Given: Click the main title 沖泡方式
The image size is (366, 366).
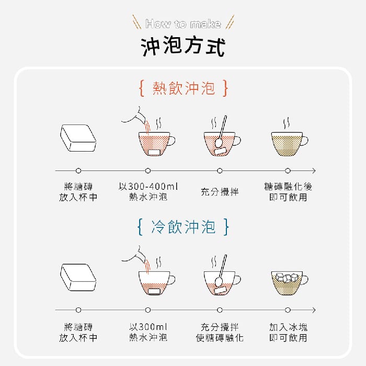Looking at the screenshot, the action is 183,46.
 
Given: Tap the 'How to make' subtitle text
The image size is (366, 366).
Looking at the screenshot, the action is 183,24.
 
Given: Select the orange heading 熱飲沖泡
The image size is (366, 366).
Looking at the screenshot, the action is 184,88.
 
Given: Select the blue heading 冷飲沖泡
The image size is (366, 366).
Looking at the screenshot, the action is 183,226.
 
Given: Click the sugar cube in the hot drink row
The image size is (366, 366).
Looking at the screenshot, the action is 78,138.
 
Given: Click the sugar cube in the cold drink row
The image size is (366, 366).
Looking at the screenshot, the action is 78,277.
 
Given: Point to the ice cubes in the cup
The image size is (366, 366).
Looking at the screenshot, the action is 287,277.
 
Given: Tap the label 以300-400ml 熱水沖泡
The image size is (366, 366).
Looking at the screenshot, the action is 148,192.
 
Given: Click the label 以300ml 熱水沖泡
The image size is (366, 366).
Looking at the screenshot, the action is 148,331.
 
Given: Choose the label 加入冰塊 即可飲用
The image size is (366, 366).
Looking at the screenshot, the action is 288,332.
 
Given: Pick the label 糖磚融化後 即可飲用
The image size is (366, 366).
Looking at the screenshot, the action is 288,192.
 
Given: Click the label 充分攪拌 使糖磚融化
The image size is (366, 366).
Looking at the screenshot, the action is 220,332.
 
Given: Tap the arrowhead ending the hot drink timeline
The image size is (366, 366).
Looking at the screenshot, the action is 314,170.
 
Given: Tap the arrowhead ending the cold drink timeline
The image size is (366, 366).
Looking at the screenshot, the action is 314,310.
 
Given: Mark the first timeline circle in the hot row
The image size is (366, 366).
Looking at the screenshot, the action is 78,170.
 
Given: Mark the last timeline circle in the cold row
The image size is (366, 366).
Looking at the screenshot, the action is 288,310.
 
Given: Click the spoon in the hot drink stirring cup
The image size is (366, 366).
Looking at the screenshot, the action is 221,132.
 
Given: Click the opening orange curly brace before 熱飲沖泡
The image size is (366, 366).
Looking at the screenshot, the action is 142,88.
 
